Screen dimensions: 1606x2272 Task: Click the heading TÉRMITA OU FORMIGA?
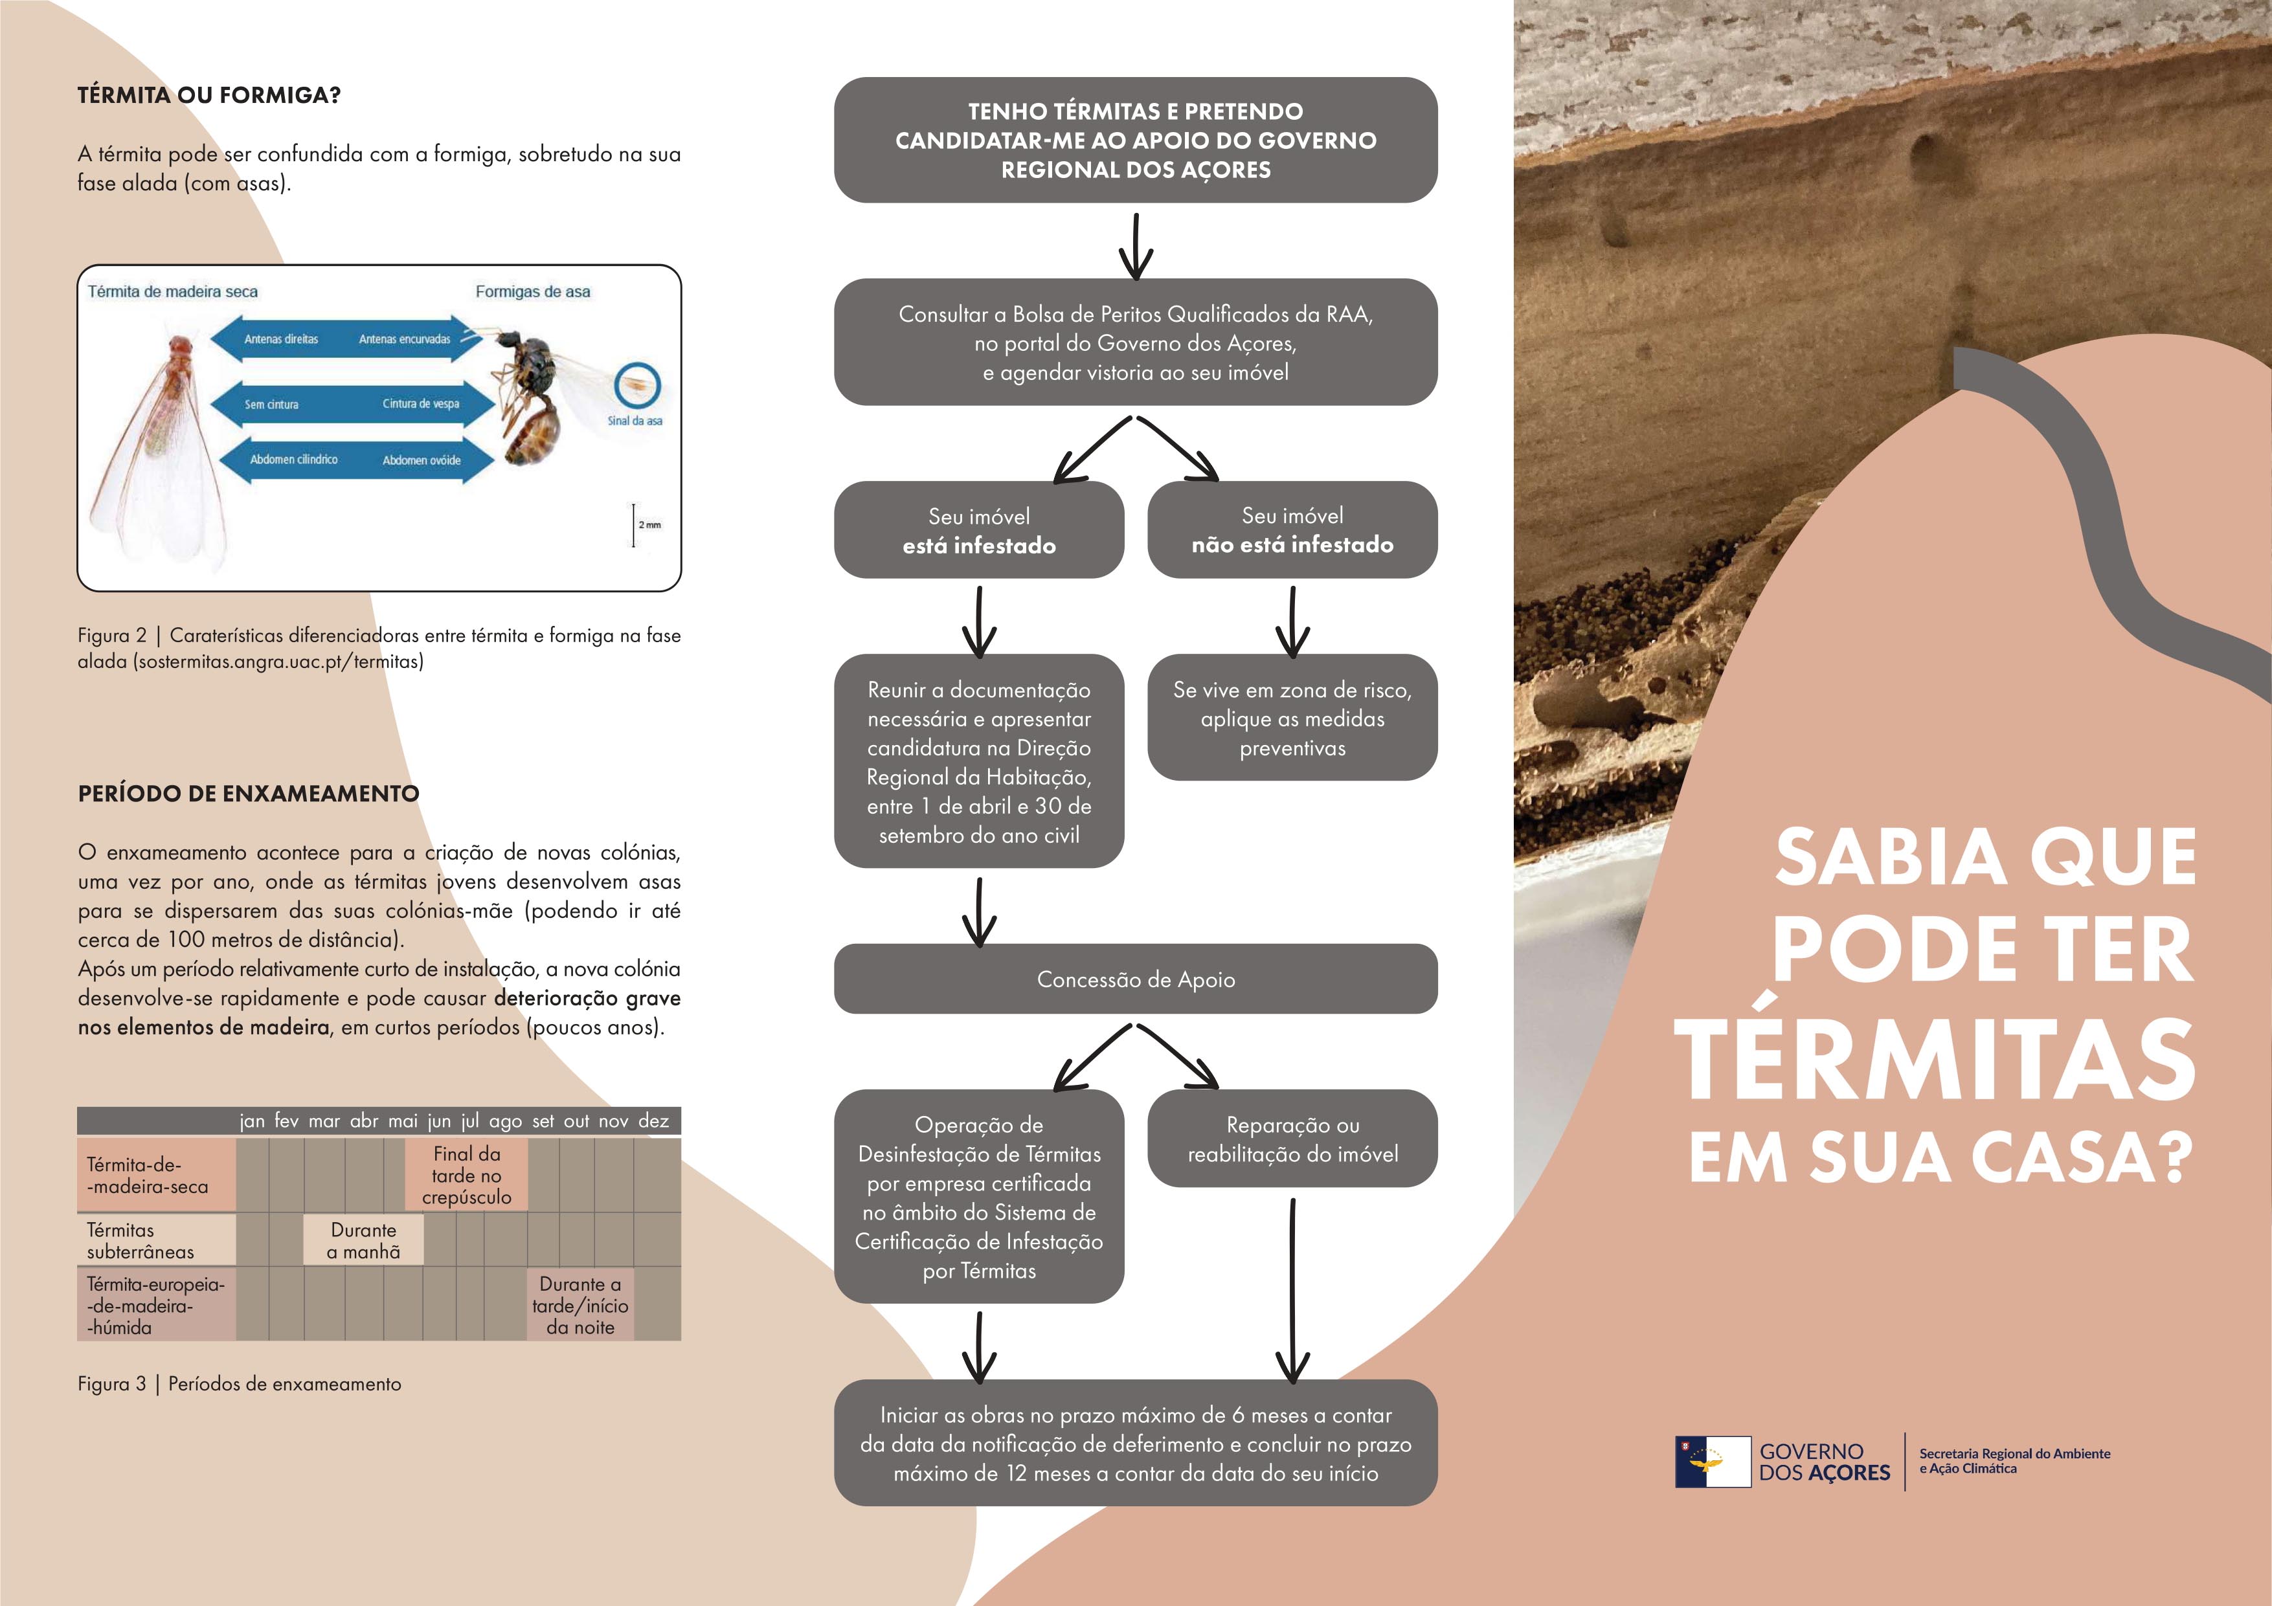click(x=208, y=96)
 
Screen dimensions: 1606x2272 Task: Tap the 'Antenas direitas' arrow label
click(x=281, y=339)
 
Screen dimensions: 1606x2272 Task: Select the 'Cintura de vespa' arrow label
click(x=421, y=404)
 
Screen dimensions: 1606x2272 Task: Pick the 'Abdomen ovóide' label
click(x=422, y=460)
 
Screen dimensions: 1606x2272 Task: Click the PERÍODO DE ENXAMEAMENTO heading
click(x=249, y=794)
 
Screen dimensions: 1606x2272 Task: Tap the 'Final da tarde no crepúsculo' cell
click(x=466, y=1176)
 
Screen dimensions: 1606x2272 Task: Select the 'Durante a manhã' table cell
click(x=363, y=1241)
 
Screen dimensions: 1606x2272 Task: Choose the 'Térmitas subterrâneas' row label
click(x=141, y=1241)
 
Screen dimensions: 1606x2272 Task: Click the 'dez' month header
click(x=653, y=1121)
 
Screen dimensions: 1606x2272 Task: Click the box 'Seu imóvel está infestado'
click(x=978, y=530)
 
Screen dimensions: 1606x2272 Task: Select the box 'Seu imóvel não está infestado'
click(x=1292, y=530)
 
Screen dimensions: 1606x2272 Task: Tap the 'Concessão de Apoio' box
click(x=1135, y=979)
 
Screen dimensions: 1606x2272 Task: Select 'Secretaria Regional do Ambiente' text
click(x=2015, y=1454)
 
